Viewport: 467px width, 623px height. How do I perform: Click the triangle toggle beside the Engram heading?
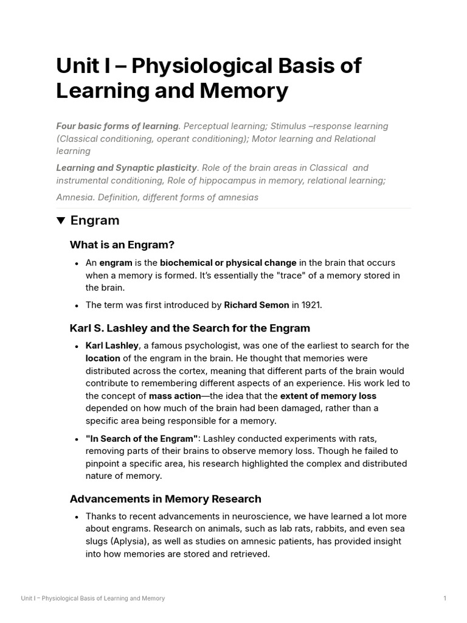tap(61, 221)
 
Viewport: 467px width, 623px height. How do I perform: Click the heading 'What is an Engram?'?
tap(122, 245)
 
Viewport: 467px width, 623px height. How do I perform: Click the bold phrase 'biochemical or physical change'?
tap(228, 263)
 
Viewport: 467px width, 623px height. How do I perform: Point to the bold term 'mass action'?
tap(175, 395)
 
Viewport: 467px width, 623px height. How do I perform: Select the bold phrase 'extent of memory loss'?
tap(328, 395)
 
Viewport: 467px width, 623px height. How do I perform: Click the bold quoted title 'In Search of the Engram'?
tap(142, 439)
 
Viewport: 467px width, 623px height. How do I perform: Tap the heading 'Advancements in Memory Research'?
tap(165, 499)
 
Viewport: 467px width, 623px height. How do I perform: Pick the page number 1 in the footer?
tap(445, 599)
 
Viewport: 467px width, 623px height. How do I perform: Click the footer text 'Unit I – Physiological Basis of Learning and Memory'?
tap(92, 599)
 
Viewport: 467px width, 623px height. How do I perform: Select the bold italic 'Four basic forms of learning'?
tap(117, 126)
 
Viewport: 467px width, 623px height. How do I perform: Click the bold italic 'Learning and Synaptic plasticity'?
tap(126, 167)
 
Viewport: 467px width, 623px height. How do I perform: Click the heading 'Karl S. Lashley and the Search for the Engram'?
tap(190, 329)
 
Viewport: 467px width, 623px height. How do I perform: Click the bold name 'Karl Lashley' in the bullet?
tap(112, 346)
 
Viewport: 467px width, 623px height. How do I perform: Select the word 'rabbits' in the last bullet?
tap(332, 529)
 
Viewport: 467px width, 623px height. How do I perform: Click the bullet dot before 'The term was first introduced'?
tap(77, 306)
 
